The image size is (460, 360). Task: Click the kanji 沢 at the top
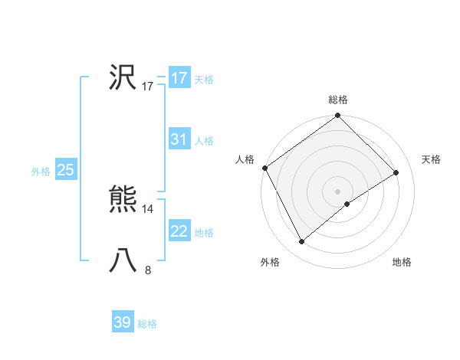(123, 77)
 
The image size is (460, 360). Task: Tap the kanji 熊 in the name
(123, 201)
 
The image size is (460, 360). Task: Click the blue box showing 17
(179, 78)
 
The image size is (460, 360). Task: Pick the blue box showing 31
(179, 139)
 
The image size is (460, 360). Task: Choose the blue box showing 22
(179, 231)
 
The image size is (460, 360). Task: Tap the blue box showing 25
(65, 170)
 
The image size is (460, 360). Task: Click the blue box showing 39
(123, 322)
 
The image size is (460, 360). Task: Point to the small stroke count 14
(148, 208)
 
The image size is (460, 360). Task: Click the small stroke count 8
(148, 270)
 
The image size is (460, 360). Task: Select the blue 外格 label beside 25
(41, 172)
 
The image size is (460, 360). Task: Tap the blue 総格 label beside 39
(147, 324)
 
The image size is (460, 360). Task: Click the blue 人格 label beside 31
(204, 141)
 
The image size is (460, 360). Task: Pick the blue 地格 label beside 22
(204, 233)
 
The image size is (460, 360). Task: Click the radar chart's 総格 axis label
(338, 100)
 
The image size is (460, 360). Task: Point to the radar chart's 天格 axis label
(432, 159)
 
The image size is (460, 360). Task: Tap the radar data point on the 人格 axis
(265, 168)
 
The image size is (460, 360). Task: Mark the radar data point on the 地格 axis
(347, 204)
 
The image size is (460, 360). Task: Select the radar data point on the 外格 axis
(302, 242)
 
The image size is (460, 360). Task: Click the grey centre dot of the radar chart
(338, 191)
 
